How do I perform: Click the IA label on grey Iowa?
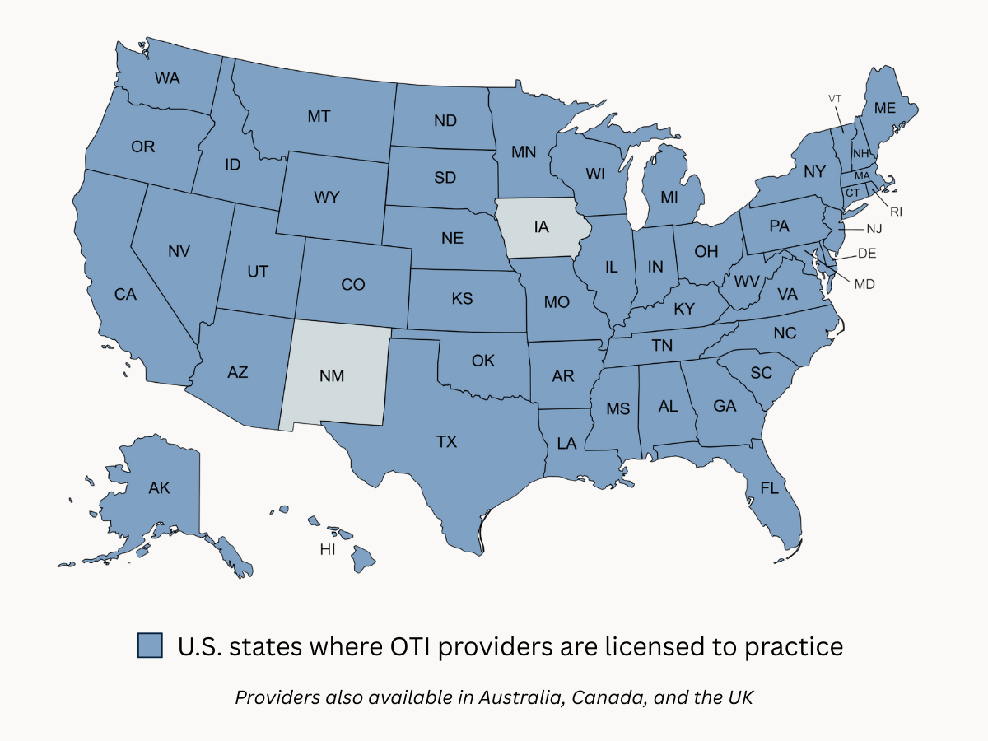pos(540,226)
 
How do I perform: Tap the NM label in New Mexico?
pos(332,375)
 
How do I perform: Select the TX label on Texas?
pos(446,442)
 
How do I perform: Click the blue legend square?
pos(150,645)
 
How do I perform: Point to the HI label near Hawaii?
pos(328,549)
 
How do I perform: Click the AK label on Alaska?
pos(159,488)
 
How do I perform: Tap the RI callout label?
pos(896,212)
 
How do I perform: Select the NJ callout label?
pos(873,228)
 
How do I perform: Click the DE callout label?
pos(867,254)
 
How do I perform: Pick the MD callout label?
pos(864,284)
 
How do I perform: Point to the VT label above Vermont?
pos(835,99)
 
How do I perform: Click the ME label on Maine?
pos(884,108)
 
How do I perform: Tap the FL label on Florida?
pos(768,488)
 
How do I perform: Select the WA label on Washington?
pos(167,78)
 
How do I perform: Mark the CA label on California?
pos(125,294)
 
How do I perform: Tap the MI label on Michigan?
pos(669,198)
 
